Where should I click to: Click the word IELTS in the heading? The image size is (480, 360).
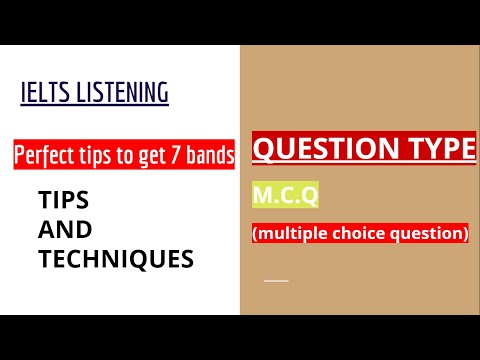41,94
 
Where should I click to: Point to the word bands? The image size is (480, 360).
213,156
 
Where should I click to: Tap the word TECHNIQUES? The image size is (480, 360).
115,259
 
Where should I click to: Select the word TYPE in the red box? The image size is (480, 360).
436,150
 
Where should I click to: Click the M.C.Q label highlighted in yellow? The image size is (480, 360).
286,198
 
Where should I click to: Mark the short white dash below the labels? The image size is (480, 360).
276,280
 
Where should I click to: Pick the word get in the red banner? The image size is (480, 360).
155,157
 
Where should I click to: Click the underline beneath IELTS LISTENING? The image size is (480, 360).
95,106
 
